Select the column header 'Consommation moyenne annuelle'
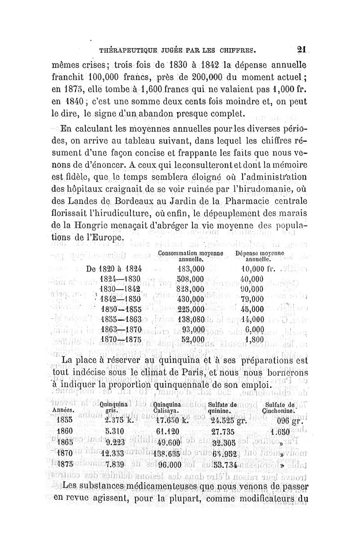[191, 257]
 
